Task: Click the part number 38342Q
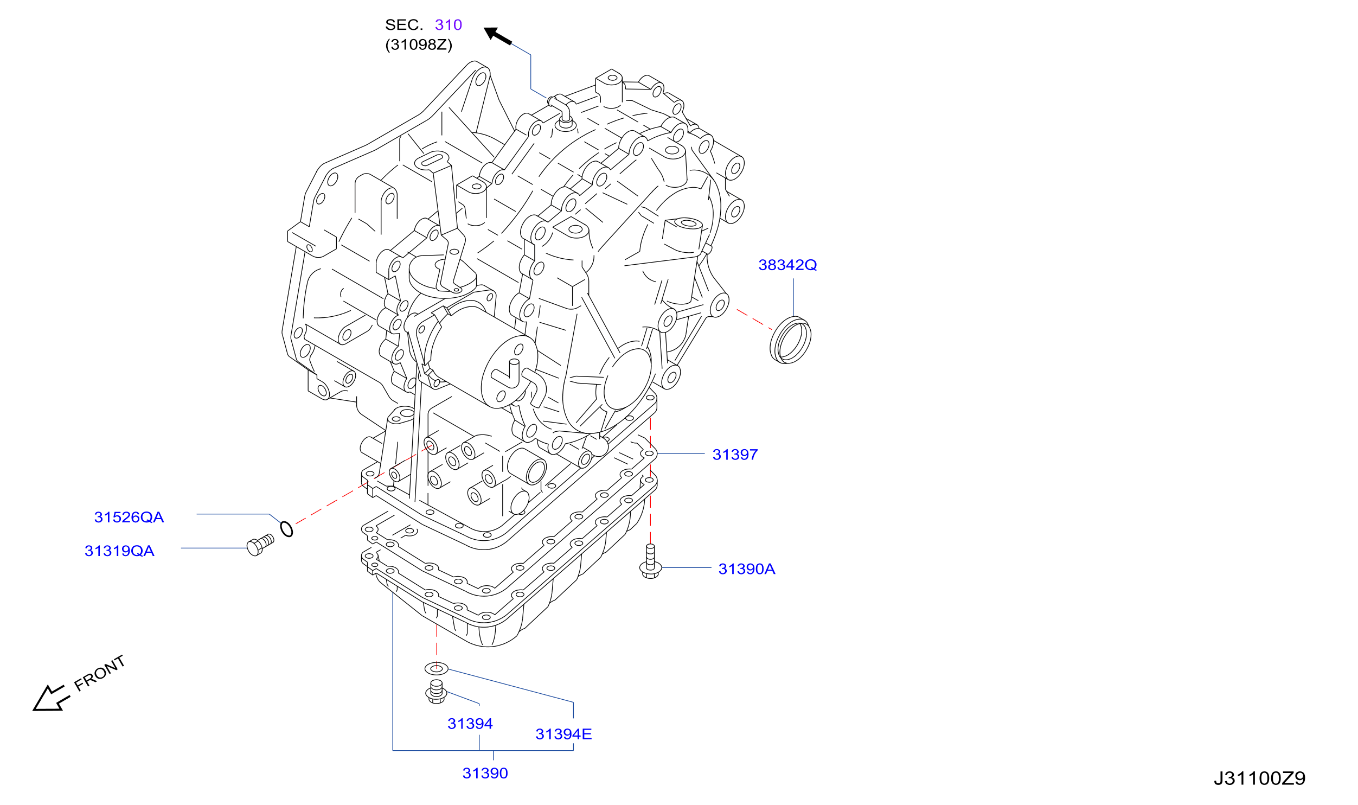pyautogui.click(x=787, y=265)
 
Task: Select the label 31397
pyautogui.click(x=735, y=455)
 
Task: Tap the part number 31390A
pyautogui.click(x=746, y=569)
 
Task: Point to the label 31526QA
pyautogui.click(x=129, y=517)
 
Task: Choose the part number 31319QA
pyautogui.click(x=119, y=551)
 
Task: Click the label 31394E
pyautogui.click(x=563, y=734)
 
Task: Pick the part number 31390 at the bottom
pyautogui.click(x=485, y=773)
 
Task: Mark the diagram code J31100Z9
pyautogui.click(x=1259, y=778)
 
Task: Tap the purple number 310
pyautogui.click(x=448, y=24)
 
